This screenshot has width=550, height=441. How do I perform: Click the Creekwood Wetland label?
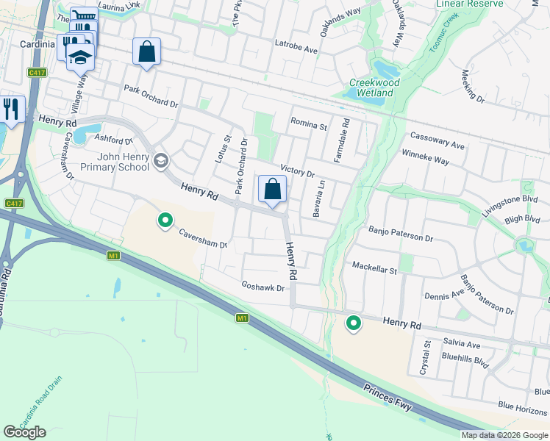tap(374, 87)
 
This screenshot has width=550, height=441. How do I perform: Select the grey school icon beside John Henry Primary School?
tap(160, 159)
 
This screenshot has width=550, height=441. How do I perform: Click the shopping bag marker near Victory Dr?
tap(272, 190)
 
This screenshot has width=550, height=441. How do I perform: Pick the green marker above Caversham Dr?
tap(165, 220)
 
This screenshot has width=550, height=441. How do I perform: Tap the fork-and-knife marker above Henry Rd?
tap(10, 110)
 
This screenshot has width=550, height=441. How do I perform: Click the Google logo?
tap(24, 431)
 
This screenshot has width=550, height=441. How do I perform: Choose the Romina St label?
tap(309, 124)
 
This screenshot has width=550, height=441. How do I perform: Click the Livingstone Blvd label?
tap(510, 204)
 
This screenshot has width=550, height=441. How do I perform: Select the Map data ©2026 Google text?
tap(504, 435)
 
